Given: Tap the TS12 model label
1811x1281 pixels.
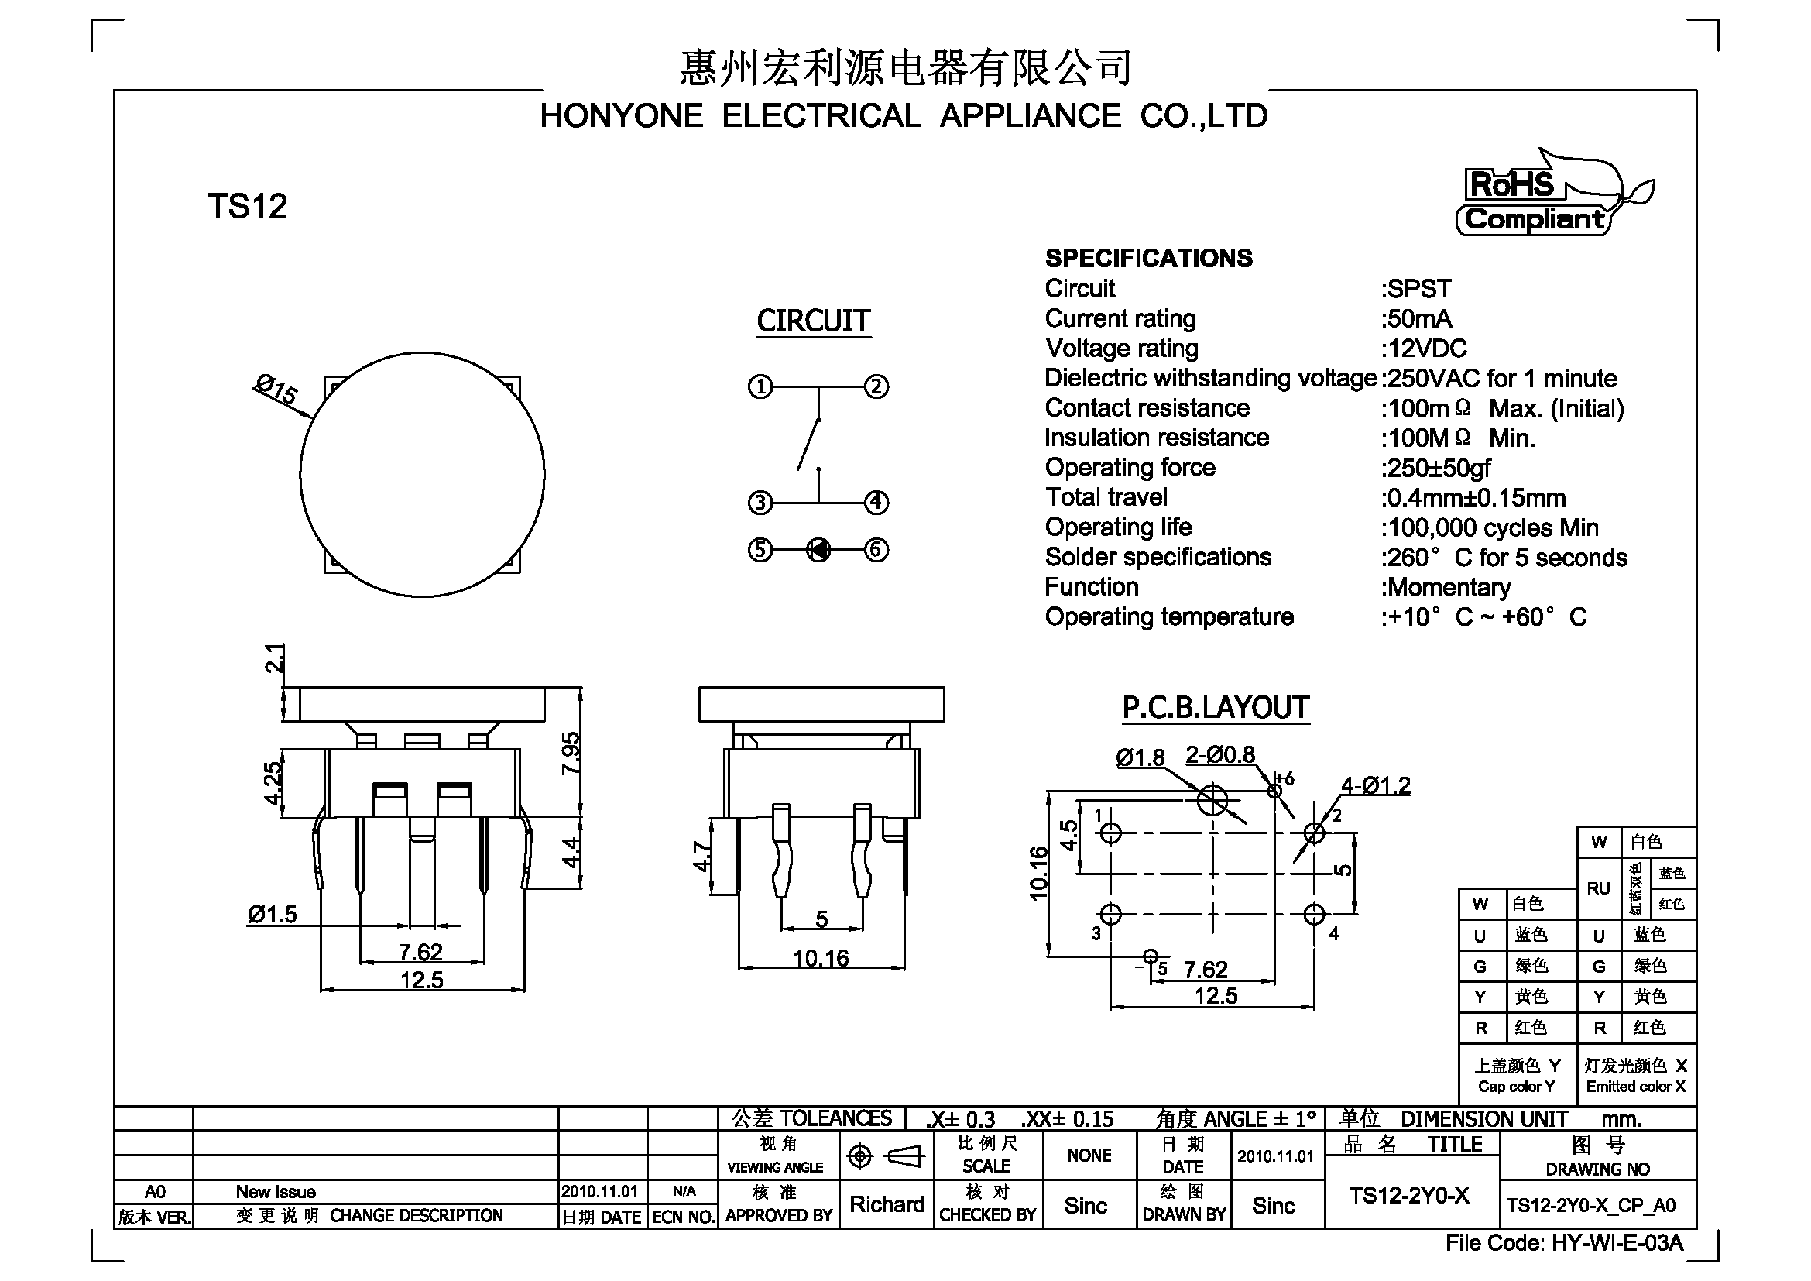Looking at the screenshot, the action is (x=247, y=206).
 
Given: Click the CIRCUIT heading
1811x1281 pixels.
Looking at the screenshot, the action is (x=813, y=321).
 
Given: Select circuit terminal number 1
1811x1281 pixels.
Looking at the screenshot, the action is (x=760, y=386).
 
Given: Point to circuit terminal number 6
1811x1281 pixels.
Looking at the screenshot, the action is (x=876, y=550).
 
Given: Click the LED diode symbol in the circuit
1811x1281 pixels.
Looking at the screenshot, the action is (x=818, y=550).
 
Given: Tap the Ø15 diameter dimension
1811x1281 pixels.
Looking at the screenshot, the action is (x=276, y=390).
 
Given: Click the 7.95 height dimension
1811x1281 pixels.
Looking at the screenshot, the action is (x=571, y=754).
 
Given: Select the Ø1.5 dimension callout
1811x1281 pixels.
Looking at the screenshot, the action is (x=272, y=914).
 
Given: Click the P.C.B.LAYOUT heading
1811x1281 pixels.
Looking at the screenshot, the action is (x=1216, y=708).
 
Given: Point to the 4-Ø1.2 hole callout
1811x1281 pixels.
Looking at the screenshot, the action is (x=1376, y=785).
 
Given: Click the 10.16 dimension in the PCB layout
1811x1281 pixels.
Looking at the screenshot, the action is (x=1039, y=873).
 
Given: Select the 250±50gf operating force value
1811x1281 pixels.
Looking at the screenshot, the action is (x=1436, y=468).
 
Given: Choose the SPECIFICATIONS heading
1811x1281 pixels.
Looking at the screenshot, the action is (x=1148, y=258).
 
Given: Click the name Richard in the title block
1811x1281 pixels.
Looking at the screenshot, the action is (x=887, y=1204).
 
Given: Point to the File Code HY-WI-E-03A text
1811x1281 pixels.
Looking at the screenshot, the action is (x=1564, y=1243).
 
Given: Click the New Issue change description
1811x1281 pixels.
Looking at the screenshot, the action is (x=276, y=1192).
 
